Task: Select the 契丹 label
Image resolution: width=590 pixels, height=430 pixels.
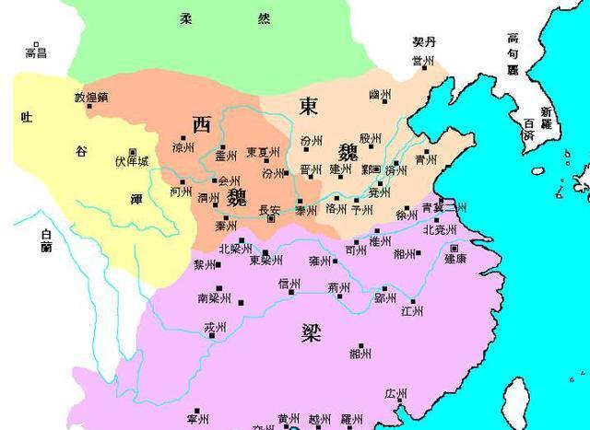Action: click(423, 43)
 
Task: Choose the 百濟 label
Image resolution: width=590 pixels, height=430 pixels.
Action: click(528, 129)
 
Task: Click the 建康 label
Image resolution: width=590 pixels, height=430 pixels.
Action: click(454, 260)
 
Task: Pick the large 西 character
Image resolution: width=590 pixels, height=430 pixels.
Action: click(202, 122)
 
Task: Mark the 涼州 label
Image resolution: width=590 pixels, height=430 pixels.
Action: click(183, 147)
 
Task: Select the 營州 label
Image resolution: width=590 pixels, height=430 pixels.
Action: click(423, 61)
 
